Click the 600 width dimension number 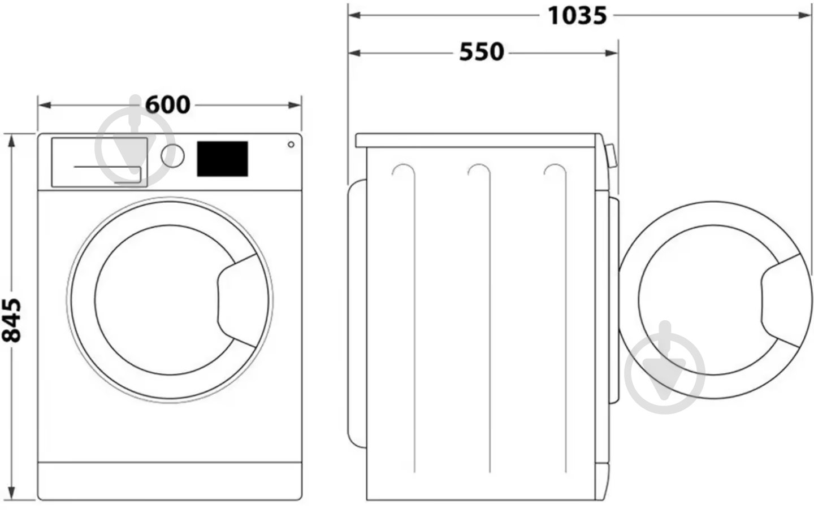168,104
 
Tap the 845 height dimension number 12,320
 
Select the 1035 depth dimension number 577,15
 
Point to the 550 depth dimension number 481,52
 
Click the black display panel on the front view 222,159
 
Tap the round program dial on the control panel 172,156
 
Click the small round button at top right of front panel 291,145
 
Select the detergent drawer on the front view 99,162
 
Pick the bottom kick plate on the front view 170,481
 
